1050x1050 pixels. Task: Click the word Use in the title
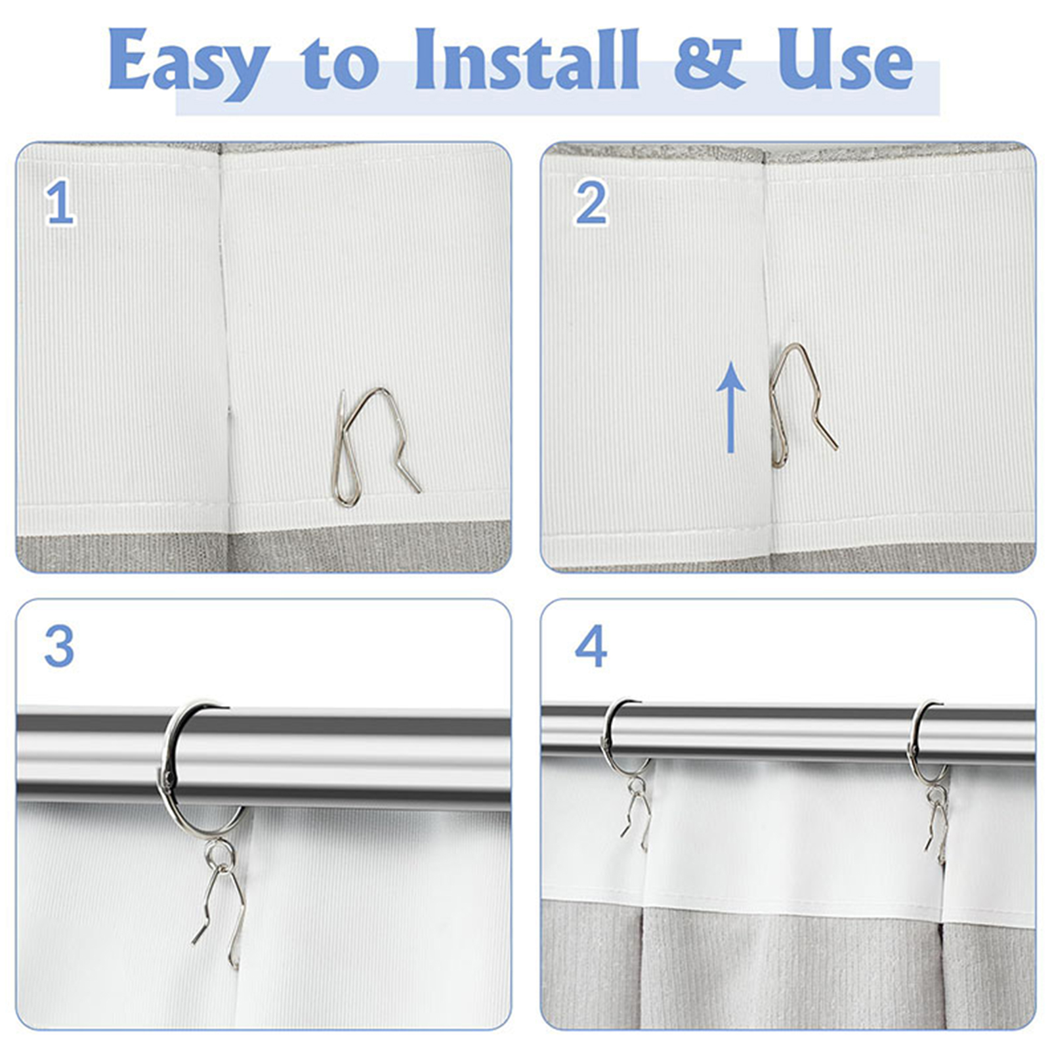coord(845,60)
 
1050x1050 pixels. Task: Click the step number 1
coord(60,203)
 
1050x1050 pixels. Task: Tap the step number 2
coord(591,203)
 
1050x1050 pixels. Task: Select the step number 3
coord(59,646)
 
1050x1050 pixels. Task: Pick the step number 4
coord(591,646)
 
